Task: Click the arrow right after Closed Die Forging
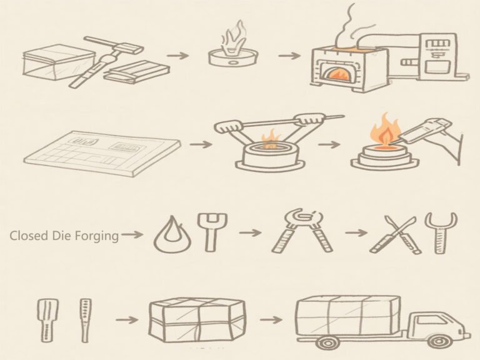(132, 235)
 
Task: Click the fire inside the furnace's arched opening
(336, 74)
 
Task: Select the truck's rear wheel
(329, 342)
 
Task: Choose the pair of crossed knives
(394, 235)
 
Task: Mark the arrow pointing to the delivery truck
(271, 320)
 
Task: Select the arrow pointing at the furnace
(289, 56)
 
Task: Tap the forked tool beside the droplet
(212, 232)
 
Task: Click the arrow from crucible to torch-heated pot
(329, 144)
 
